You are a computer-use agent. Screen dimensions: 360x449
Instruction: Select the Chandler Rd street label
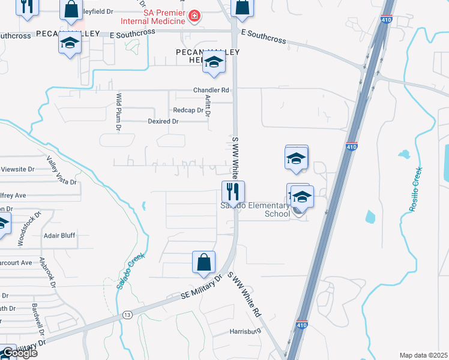pyautogui.click(x=211, y=91)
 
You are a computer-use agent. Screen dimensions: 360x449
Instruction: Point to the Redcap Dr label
pyautogui.click(x=188, y=110)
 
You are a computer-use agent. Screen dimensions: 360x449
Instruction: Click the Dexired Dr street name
pyautogui.click(x=163, y=121)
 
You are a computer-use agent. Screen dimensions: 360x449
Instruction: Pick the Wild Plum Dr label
pyautogui.click(x=119, y=112)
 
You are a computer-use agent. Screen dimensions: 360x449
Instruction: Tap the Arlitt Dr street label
pyautogui.click(x=208, y=106)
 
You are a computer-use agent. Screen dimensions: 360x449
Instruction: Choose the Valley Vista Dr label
pyautogui.click(x=62, y=170)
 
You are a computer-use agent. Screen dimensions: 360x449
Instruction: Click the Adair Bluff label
pyautogui.click(x=59, y=236)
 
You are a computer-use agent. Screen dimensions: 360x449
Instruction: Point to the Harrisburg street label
pyautogui.click(x=246, y=331)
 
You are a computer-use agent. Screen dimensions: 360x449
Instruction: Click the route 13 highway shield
pyautogui.click(x=127, y=314)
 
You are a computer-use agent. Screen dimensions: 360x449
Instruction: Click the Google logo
pyautogui.click(x=19, y=353)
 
